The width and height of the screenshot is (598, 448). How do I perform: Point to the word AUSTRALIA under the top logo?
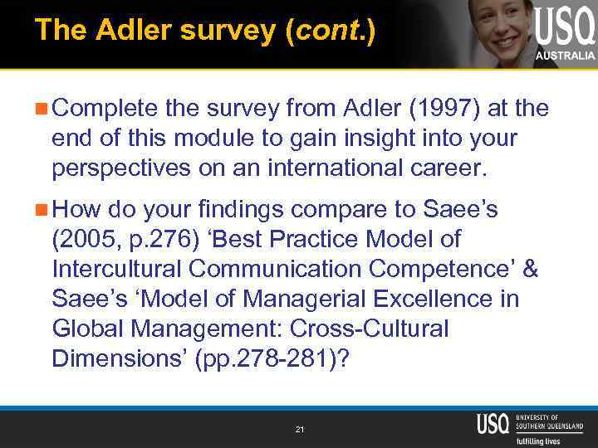point(565,56)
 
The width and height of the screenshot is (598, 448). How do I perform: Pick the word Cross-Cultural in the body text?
point(358,329)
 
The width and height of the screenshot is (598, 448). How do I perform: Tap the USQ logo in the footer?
point(492,423)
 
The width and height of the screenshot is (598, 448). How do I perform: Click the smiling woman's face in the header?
point(498,21)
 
